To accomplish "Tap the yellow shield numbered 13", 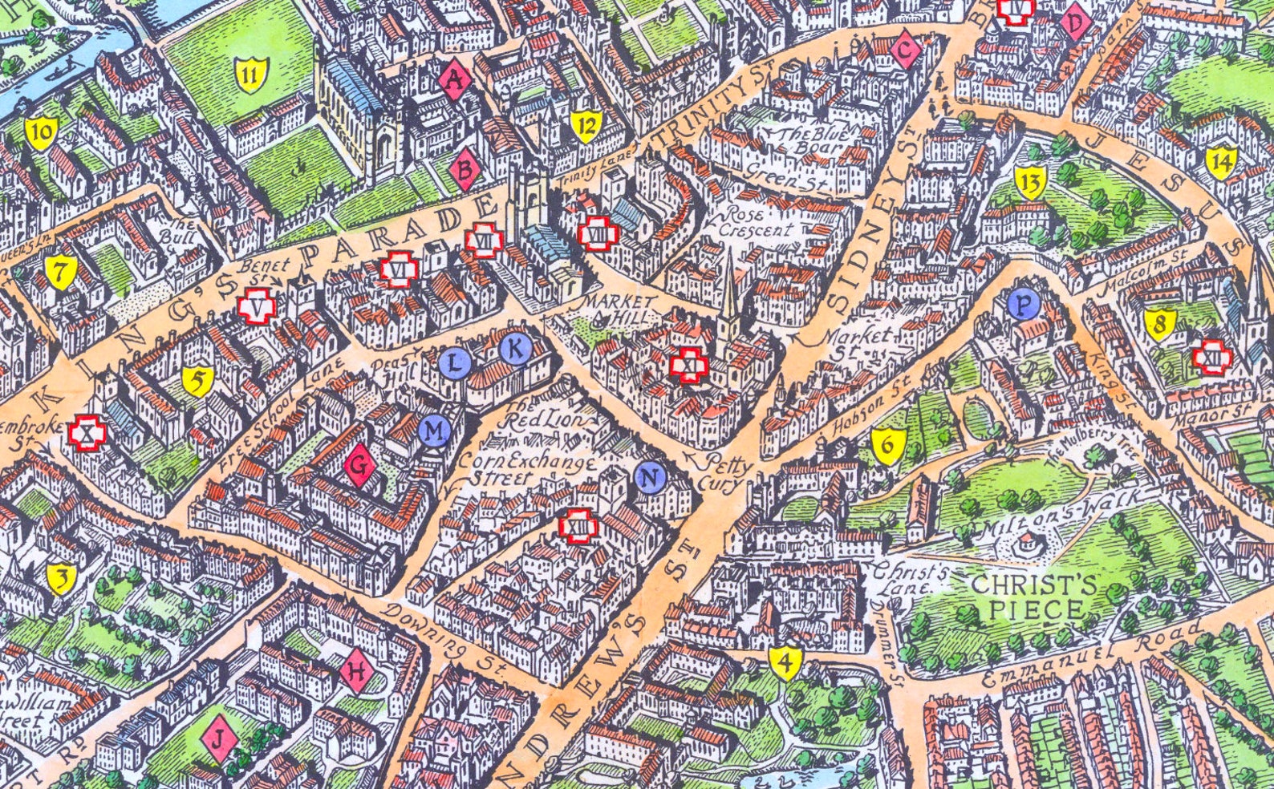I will click(x=1030, y=184).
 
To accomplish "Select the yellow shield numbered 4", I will click(x=786, y=662).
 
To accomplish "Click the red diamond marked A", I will click(x=455, y=79).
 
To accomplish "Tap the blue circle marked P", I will click(x=1022, y=304).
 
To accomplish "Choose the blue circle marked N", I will click(x=651, y=478).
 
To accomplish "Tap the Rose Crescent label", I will click(x=756, y=222).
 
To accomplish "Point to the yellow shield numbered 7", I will click(x=59, y=273).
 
